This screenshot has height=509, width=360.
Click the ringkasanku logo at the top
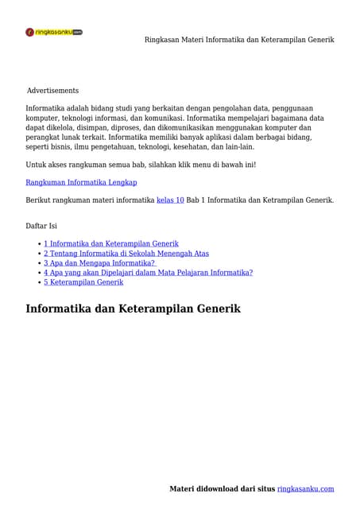(x=54, y=33)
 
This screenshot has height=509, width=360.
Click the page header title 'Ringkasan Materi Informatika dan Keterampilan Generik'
(x=238, y=40)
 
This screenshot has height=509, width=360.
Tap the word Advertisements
(x=52, y=91)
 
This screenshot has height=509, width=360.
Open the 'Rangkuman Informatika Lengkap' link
(x=81, y=182)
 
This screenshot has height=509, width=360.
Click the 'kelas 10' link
(x=170, y=200)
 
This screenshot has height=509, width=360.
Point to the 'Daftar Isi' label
(x=41, y=226)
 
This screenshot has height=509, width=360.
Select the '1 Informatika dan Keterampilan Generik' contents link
(x=110, y=243)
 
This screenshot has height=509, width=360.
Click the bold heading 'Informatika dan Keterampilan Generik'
(x=133, y=309)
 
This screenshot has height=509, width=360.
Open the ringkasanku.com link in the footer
(x=305, y=489)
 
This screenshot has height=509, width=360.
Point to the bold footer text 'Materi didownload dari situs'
(x=223, y=489)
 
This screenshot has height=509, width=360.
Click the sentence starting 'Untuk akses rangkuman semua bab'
(x=141, y=165)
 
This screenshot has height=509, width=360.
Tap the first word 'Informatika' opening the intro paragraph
(x=45, y=108)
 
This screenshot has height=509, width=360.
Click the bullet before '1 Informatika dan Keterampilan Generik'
(x=40, y=244)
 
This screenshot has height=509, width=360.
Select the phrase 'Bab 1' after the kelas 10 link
(x=195, y=200)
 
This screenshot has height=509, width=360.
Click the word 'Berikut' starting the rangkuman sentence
(x=38, y=200)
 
